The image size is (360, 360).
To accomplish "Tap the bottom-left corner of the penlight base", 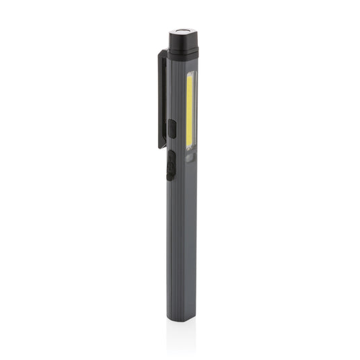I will point(168,318).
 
